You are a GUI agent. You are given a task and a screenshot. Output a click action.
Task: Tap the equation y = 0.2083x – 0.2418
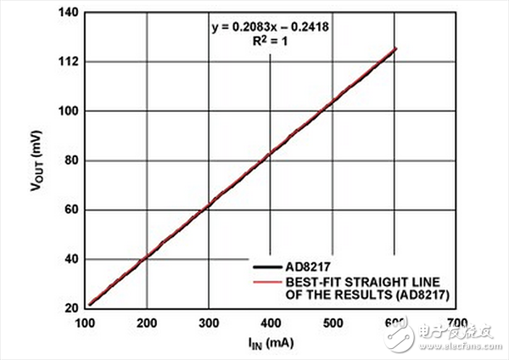pyautogui.click(x=270, y=26)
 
